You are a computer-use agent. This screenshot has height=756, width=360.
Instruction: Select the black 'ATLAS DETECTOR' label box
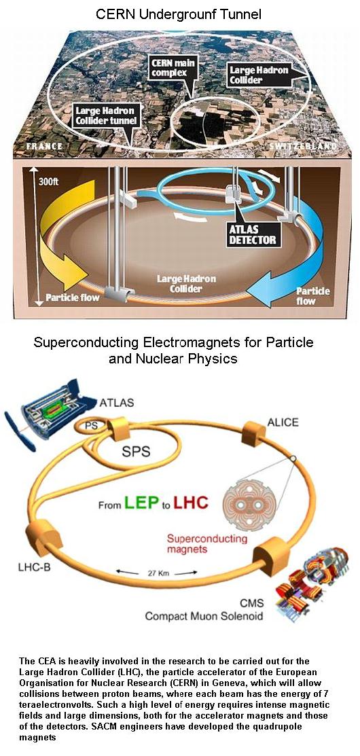coord(253,233)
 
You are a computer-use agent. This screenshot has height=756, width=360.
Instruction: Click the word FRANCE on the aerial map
coord(45,146)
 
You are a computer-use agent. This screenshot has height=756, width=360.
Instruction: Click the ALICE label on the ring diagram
coord(283,422)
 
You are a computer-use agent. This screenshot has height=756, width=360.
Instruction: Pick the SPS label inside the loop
coord(135,451)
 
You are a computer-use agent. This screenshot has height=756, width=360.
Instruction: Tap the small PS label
coord(90,425)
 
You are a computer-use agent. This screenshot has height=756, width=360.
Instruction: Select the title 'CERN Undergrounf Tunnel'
coord(179,14)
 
